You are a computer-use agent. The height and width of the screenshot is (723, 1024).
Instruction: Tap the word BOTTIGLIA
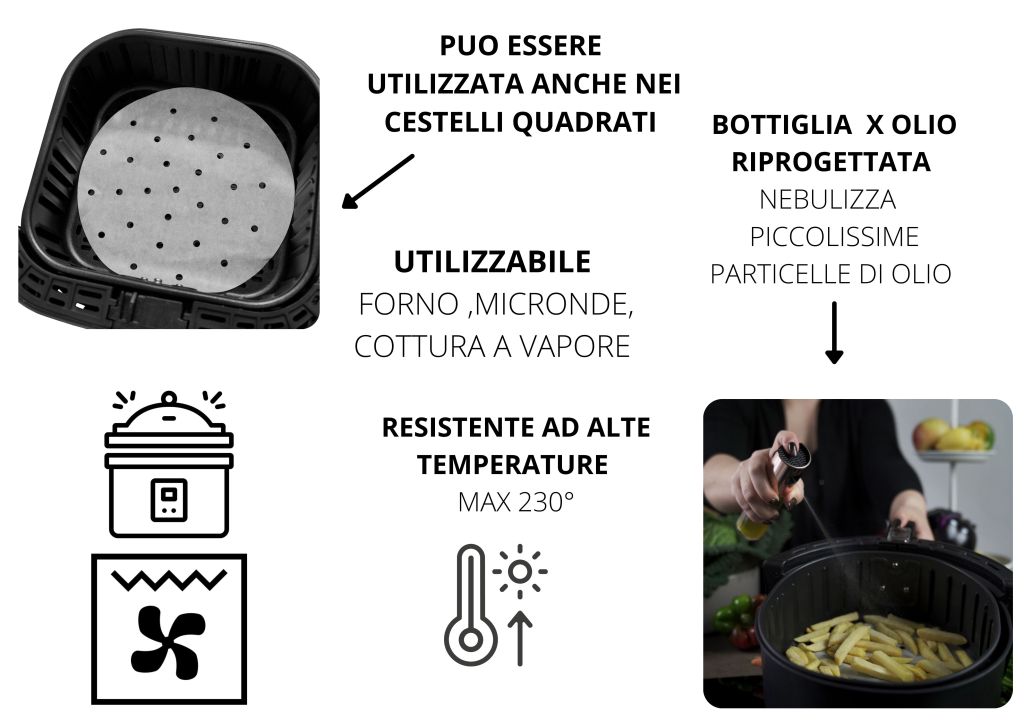tap(781, 125)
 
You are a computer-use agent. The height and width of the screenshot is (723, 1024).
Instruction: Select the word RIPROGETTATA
tap(831, 162)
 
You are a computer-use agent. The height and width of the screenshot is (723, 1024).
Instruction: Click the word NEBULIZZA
tap(827, 199)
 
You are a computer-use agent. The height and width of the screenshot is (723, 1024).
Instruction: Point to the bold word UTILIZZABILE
tap(492, 262)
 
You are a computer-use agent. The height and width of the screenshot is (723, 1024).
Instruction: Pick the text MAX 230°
tap(516, 502)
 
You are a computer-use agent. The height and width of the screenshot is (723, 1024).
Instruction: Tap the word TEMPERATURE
tap(513, 465)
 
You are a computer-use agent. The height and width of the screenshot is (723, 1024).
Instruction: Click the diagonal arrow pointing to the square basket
tap(377, 182)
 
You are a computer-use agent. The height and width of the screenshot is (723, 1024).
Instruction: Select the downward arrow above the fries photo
tap(834, 332)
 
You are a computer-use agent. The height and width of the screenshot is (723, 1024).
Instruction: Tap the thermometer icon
tap(471, 605)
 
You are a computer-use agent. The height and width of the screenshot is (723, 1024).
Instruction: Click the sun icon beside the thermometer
tap(520, 571)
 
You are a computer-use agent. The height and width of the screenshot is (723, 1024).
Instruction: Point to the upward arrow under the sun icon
tap(520, 638)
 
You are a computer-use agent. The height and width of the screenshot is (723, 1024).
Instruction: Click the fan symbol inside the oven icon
tap(168, 641)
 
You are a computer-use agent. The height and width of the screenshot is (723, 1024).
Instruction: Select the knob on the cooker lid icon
tap(169, 398)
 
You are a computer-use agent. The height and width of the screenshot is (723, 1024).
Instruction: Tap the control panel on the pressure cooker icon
tap(169, 501)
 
